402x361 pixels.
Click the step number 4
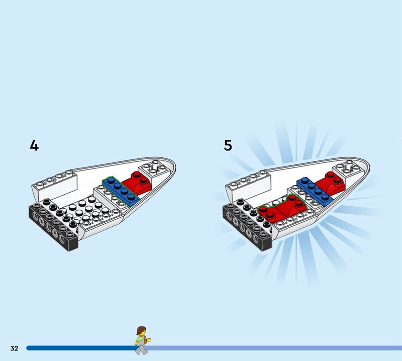click(34, 145)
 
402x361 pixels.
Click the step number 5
click(228, 145)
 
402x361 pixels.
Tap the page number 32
click(15, 348)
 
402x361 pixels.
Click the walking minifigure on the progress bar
click(142, 340)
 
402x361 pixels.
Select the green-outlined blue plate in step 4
click(121, 191)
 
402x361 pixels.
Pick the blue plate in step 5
click(315, 191)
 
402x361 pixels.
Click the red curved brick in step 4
click(137, 183)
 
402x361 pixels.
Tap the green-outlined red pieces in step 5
click(282, 208)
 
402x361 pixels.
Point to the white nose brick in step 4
click(154, 169)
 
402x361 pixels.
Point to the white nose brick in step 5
click(348, 169)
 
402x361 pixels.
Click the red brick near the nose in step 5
click(331, 183)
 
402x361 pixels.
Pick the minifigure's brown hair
click(141, 330)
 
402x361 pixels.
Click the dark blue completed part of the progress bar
click(81, 348)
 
